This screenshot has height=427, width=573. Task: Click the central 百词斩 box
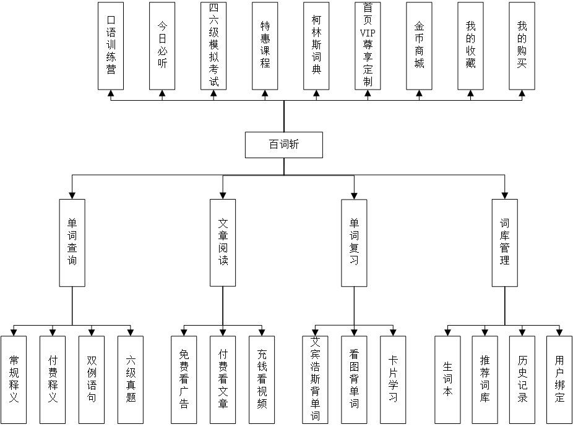click(284, 145)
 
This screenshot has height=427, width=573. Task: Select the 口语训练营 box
click(111, 46)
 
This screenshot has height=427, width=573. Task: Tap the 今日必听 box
click(162, 46)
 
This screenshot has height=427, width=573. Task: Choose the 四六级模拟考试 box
click(213, 46)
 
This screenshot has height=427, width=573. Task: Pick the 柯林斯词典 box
click(316, 46)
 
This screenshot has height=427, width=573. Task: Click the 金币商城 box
click(419, 46)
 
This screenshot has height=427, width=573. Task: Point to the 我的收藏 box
click(470, 46)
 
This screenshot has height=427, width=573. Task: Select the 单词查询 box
click(72, 242)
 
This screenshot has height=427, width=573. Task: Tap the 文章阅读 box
click(223, 242)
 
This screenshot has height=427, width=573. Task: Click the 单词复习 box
click(355, 242)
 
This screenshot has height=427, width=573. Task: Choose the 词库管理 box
click(505, 242)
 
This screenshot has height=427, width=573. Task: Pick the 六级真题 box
click(130, 379)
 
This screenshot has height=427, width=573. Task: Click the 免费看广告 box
click(184, 379)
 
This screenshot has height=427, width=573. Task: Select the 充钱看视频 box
click(262, 379)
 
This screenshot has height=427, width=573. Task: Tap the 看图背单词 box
click(354, 379)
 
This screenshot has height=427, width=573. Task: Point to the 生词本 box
click(447, 379)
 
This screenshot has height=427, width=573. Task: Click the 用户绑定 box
click(559, 379)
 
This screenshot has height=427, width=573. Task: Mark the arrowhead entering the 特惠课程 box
click(265, 95)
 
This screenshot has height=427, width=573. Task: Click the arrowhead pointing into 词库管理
click(505, 195)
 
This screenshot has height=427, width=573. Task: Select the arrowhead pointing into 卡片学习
click(393, 332)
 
